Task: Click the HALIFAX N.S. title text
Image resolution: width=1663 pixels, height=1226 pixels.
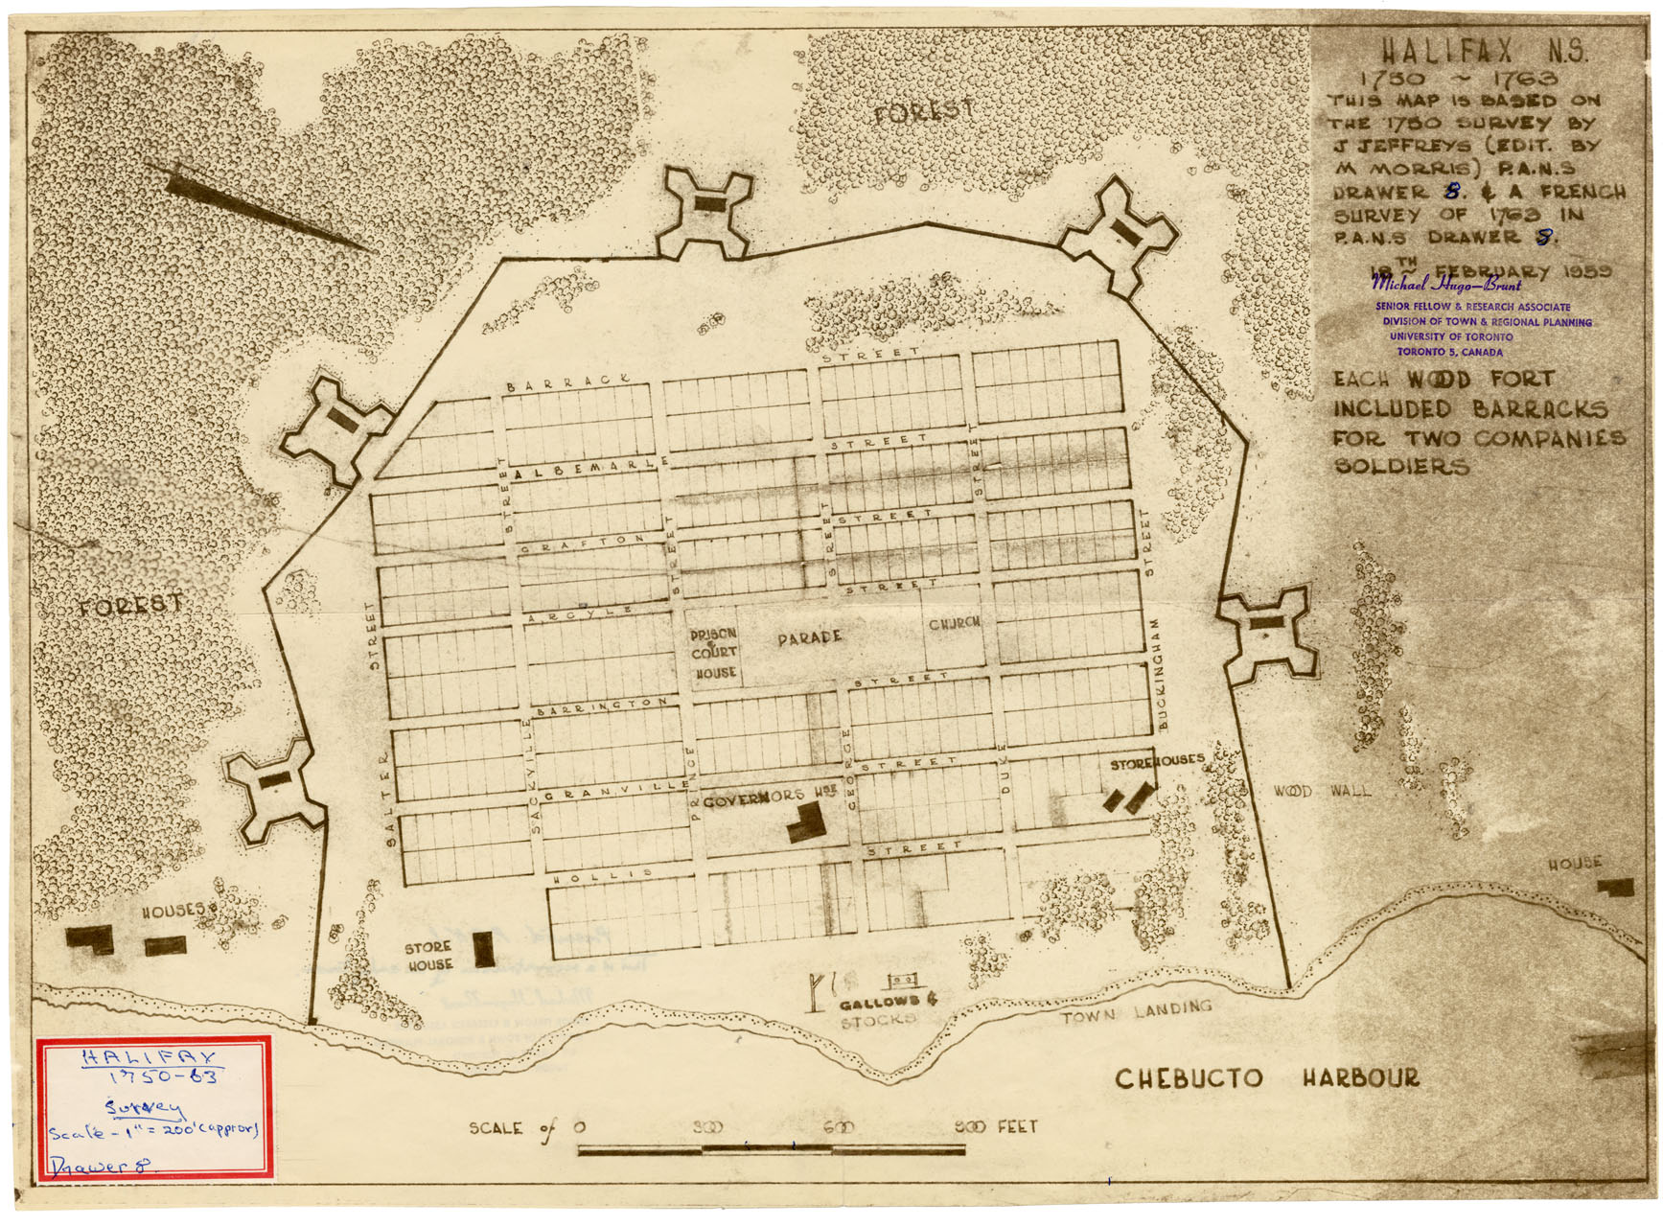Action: coord(1483,51)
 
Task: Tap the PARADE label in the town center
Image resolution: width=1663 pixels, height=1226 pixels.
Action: coord(810,636)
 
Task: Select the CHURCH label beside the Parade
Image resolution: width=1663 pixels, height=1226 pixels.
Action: coord(955,623)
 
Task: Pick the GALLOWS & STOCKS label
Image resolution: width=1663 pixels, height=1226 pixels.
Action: coord(879,1010)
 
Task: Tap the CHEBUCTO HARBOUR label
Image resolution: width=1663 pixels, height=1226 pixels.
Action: coord(1266,1077)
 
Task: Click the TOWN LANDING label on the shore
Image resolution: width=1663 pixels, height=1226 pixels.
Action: coord(1136,1012)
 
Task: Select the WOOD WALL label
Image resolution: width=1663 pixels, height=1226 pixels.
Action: coord(1322,791)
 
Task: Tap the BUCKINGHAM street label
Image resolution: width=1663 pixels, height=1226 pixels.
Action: coord(1162,674)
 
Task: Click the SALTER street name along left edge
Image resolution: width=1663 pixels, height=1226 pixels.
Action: coord(388,798)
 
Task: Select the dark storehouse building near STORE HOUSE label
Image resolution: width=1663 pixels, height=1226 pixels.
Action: coord(484,948)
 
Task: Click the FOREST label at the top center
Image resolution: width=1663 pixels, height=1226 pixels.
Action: coord(924,111)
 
